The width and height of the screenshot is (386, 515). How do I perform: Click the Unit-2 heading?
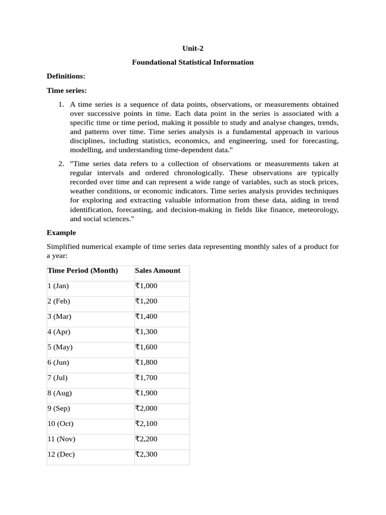point(193,48)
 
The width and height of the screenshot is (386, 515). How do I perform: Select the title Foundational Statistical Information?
point(193,62)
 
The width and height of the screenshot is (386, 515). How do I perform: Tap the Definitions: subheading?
point(66,76)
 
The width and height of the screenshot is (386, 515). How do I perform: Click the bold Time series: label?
point(67,91)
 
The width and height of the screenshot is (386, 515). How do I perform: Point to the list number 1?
point(60,105)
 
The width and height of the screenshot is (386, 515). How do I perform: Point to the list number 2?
point(60,163)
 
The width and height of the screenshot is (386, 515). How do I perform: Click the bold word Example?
point(61,233)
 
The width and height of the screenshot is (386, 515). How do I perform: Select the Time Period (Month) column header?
point(82,271)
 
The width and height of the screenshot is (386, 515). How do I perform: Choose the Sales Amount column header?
point(157,271)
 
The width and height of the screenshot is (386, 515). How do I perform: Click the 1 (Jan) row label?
point(58,286)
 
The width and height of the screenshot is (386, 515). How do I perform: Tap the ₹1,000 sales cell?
point(146,286)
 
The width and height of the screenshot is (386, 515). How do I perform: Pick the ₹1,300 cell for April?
point(146,332)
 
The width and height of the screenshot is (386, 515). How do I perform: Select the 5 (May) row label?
point(60,347)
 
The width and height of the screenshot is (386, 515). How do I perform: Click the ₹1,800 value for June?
point(146,363)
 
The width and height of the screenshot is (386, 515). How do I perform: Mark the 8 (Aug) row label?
point(59,393)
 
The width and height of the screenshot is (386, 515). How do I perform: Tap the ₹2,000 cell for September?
point(146,408)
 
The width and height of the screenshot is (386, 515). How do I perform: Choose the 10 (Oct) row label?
point(60,424)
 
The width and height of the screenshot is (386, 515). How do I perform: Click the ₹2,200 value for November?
point(146,439)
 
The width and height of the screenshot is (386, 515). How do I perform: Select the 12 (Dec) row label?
point(61,455)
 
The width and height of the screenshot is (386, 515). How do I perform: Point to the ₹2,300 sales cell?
point(146,455)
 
